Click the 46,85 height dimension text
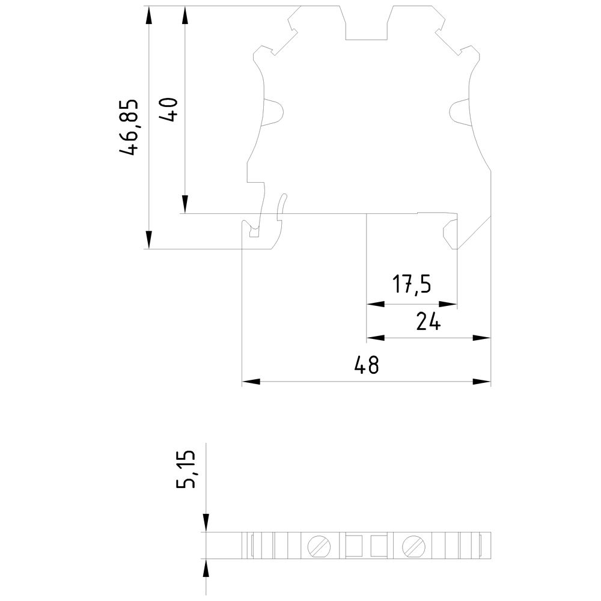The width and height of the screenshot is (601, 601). click(x=130, y=127)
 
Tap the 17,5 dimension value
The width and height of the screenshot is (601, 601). click(x=412, y=285)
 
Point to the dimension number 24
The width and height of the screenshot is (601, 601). click(x=429, y=323)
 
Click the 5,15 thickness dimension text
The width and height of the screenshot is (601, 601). click(x=187, y=471)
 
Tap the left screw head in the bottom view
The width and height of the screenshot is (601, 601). click(x=319, y=546)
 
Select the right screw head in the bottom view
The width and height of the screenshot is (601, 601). click(x=414, y=546)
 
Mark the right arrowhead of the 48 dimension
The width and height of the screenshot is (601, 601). click(x=482, y=382)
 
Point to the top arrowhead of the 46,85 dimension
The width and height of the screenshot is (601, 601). click(x=148, y=16)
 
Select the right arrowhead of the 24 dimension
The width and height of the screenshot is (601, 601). click(x=482, y=338)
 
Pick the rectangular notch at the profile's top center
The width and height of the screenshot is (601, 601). click(x=368, y=24)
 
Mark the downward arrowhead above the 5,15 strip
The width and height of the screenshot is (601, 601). click(x=206, y=523)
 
